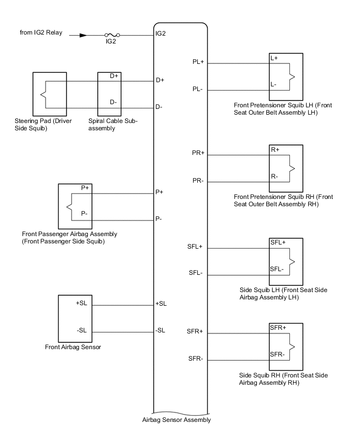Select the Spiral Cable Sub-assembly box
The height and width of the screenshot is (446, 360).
click(113, 94)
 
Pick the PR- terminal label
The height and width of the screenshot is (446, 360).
click(198, 181)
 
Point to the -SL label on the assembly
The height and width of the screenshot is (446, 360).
click(161, 330)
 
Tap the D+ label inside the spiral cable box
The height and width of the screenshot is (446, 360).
click(115, 76)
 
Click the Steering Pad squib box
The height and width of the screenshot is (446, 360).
click(50, 94)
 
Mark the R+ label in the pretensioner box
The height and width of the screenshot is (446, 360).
click(275, 150)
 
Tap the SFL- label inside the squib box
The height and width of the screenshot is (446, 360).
click(277, 269)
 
